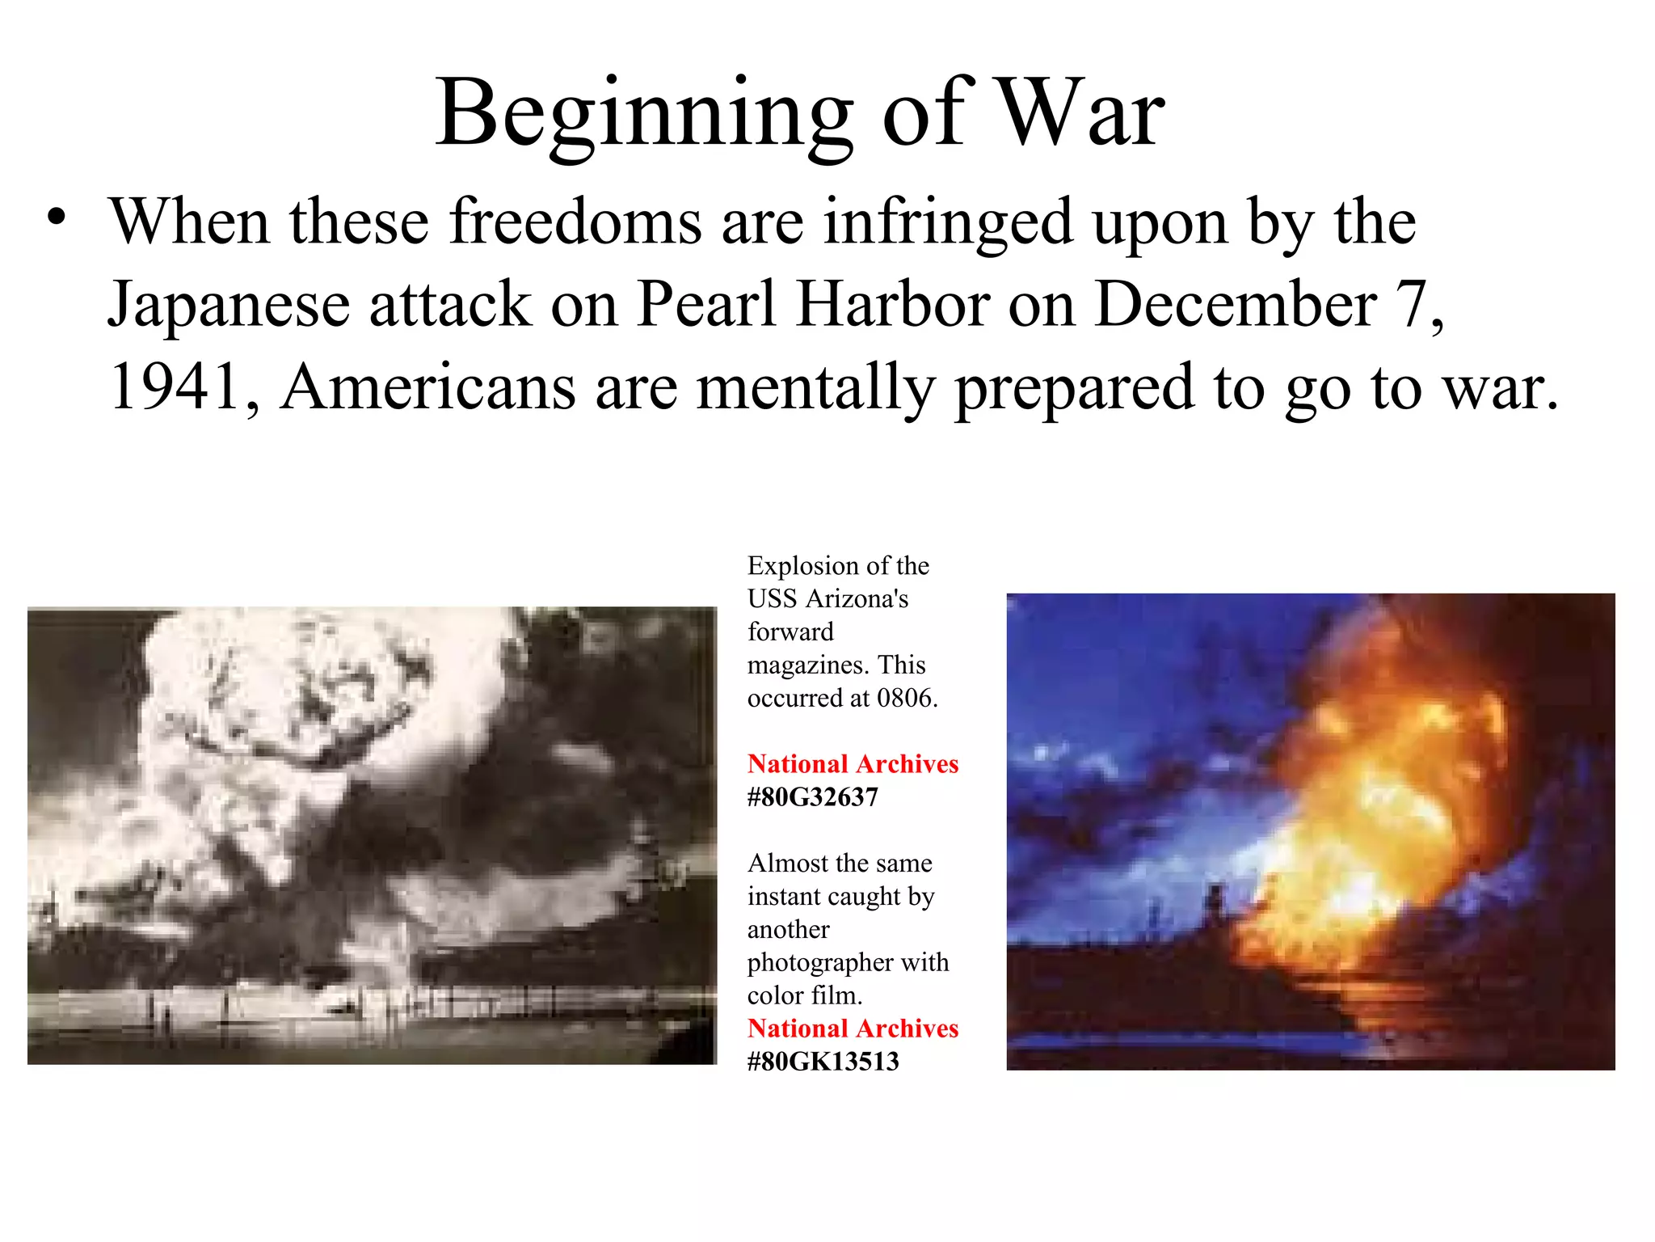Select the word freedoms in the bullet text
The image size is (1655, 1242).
[x=575, y=222]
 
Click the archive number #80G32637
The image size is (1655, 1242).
[x=812, y=797]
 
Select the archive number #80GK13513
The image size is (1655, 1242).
[x=823, y=1062]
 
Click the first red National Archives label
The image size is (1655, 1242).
[x=853, y=764]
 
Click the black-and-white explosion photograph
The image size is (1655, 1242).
[x=372, y=835]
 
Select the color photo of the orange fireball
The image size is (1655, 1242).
[x=1310, y=831]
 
